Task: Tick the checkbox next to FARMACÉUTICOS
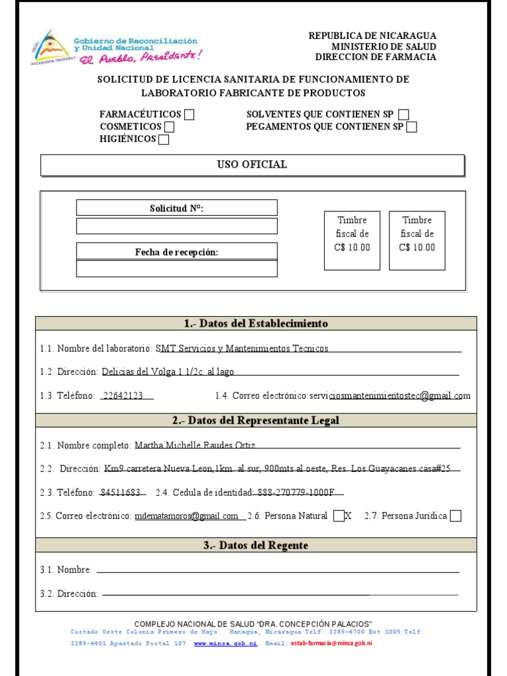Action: pos(189,115)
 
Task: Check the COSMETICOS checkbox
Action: pos(170,127)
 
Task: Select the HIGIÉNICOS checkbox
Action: pos(164,139)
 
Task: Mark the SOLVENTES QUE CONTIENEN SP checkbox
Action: pos(404,115)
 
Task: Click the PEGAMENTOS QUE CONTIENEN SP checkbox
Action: pos(412,127)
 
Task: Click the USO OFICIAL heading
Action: pos(252,164)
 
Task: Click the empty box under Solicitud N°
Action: pos(177,226)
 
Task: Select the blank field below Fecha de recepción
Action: pos(177,268)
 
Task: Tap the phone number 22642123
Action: pos(124,395)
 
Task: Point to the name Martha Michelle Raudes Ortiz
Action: pos(195,446)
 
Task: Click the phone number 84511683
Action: pos(120,492)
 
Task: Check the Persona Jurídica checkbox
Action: pos(456,516)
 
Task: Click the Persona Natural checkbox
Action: pos(339,516)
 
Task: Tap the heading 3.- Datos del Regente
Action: pos(255,545)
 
